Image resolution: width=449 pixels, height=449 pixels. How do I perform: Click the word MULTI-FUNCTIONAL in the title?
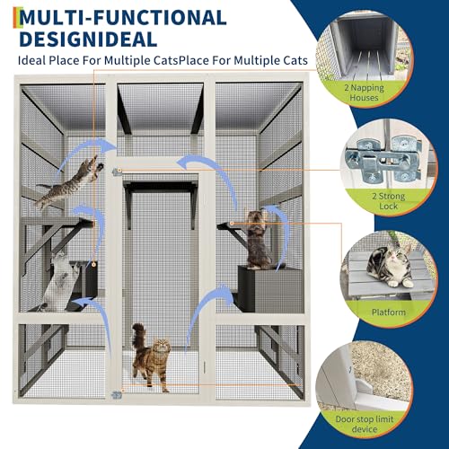pos(120,16)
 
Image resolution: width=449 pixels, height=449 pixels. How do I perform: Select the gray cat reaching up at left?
pos(58,280)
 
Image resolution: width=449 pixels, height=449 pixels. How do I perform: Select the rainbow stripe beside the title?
pos(5,15)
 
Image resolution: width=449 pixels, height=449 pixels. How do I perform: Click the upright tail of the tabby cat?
pos(137,337)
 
